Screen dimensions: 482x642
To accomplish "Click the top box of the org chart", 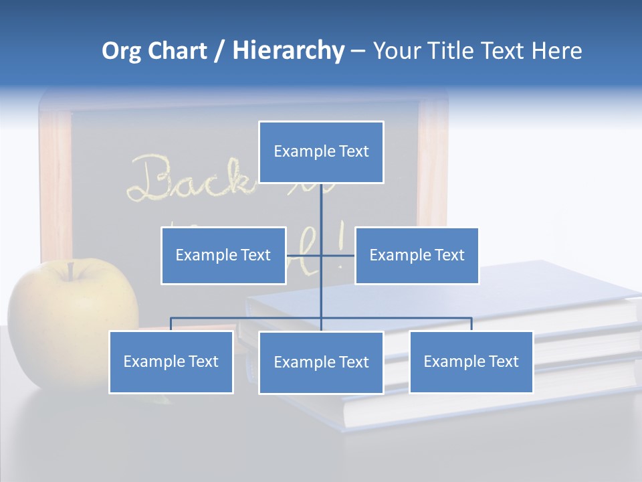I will (x=321, y=152).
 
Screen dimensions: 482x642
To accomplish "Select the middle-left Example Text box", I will (x=223, y=255).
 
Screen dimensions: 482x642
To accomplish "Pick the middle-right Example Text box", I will (x=417, y=255).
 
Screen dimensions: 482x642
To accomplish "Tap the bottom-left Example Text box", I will (x=171, y=361).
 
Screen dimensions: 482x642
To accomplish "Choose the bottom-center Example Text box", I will (x=321, y=362).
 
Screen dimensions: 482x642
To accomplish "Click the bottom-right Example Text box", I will (x=471, y=361).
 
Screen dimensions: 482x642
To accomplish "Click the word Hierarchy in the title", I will (x=288, y=51).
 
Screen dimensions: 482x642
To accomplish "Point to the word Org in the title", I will (x=121, y=51).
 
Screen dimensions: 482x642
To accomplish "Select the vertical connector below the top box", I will (x=321, y=208).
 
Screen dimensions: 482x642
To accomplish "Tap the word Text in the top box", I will (x=353, y=152).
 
